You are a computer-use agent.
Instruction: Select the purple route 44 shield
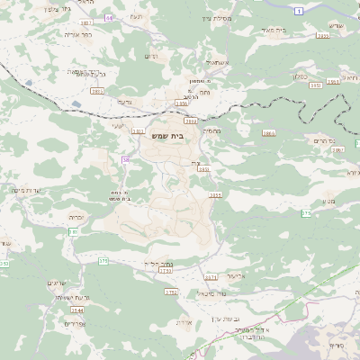point(110,17)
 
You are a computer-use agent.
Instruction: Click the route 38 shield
point(126,159)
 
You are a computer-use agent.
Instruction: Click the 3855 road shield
point(214,193)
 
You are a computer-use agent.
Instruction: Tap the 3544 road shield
point(78,310)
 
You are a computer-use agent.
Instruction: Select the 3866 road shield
point(268,133)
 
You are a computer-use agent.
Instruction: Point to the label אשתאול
point(220,63)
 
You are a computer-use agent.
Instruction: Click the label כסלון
point(300,76)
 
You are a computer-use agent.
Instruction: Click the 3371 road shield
point(211,277)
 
